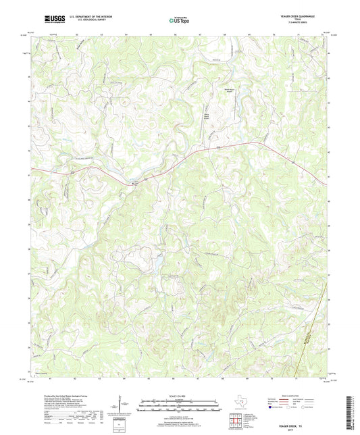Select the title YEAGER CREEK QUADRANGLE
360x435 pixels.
point(307,15)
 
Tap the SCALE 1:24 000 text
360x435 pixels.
point(179,396)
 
